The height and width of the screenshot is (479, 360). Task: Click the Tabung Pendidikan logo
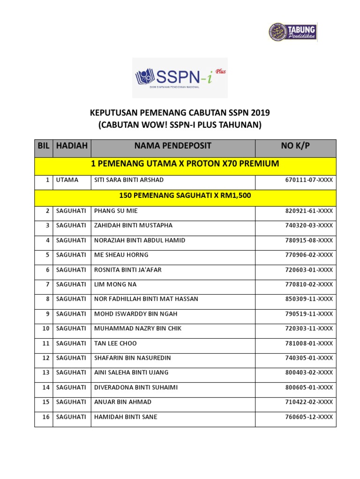click(x=293, y=32)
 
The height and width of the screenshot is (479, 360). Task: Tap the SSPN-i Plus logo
click(x=180, y=78)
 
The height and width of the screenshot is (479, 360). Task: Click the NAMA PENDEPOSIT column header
click(x=172, y=146)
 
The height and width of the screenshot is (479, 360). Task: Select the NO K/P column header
click(x=295, y=146)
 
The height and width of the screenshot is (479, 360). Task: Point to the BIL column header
click(x=44, y=146)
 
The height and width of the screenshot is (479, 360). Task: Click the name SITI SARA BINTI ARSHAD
click(x=123, y=180)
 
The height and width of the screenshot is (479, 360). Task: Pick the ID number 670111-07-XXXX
click(x=309, y=180)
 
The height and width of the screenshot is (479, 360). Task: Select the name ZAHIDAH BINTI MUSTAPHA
click(x=134, y=225)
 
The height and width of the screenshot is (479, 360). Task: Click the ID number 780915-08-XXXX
click(x=309, y=240)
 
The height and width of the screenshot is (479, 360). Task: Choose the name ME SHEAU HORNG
click(x=121, y=255)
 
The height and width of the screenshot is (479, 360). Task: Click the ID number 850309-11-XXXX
click(x=309, y=299)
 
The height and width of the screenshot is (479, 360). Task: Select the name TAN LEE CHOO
click(x=116, y=343)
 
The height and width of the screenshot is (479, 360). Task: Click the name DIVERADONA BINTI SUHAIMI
click(x=136, y=387)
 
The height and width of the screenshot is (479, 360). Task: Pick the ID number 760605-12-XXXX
click(x=309, y=417)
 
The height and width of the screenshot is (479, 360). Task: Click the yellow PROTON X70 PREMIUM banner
click(x=185, y=164)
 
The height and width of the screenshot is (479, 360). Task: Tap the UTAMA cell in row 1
click(x=67, y=180)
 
